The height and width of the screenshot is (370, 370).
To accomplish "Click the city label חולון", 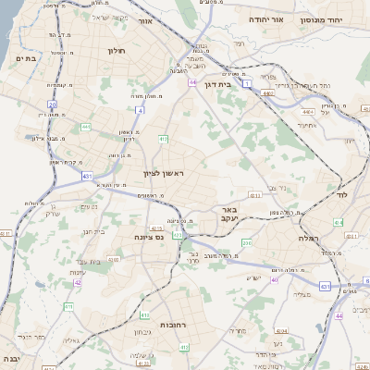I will pos(116,51).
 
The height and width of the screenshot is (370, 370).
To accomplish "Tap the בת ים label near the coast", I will pos(25,57).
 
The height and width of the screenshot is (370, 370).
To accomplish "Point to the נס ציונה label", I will pos(149,236).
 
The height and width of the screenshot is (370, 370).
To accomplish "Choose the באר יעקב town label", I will pos(229,215).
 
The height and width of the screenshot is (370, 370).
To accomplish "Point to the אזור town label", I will pos(144,19).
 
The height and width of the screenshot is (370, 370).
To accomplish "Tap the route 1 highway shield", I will pos(247,83).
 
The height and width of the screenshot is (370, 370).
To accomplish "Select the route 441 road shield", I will pos(86,127).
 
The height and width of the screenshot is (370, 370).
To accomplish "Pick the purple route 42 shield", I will pos(78,281).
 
